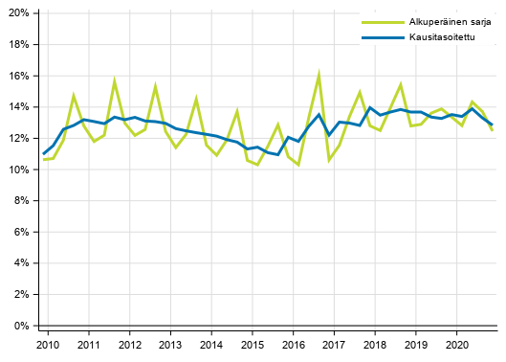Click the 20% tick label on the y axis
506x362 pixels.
tap(19, 13)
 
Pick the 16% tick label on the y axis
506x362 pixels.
tap(19, 76)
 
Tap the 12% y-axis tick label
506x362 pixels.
tap(19, 139)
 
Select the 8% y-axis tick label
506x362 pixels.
tap(22, 201)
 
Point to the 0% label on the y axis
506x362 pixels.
tap(22, 327)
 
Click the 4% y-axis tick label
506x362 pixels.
tap(22, 263)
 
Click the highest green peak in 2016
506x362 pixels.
tap(319, 73)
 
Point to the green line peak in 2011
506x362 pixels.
tap(114, 81)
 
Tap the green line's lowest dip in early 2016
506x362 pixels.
tap(298, 165)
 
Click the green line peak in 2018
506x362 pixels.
tap(401, 84)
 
